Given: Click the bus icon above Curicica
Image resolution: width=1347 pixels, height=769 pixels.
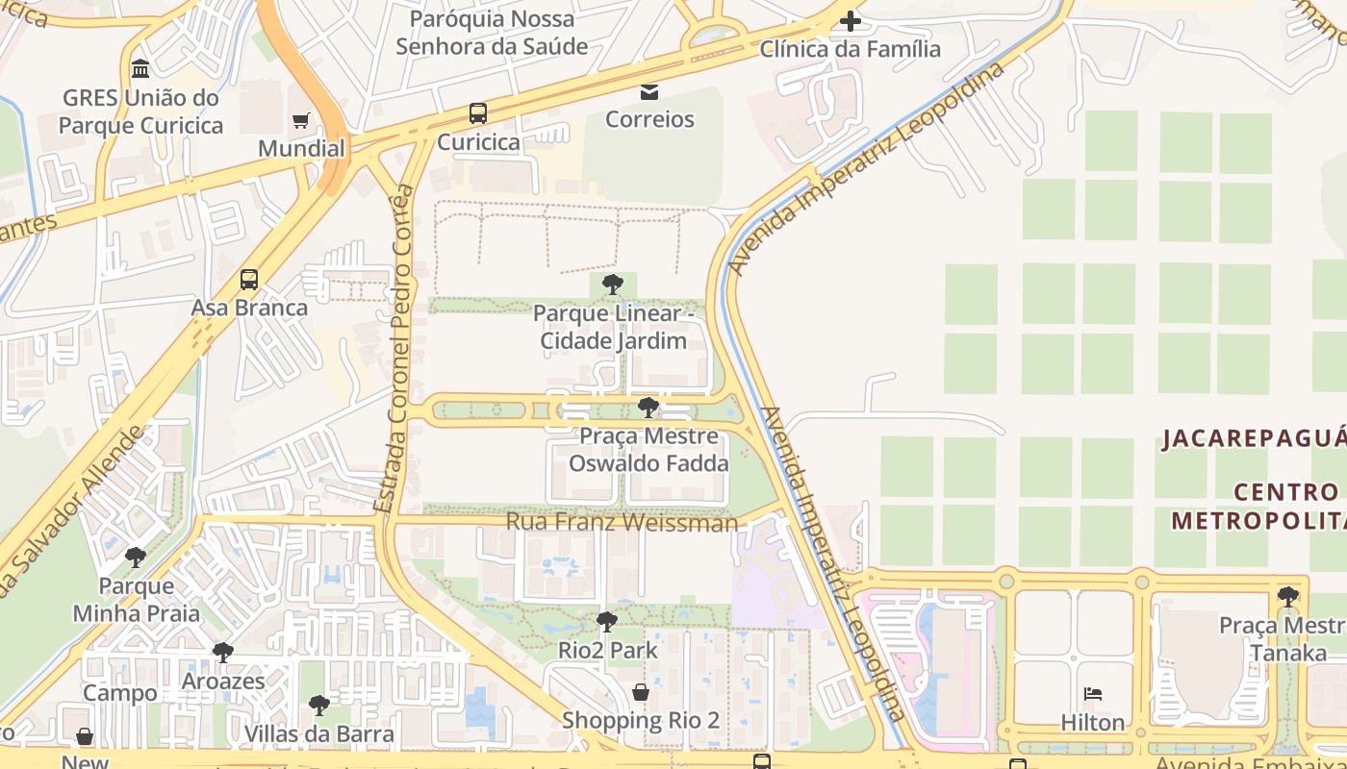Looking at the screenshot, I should (x=478, y=113).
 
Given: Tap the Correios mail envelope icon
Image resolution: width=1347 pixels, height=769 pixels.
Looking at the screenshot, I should (x=649, y=92).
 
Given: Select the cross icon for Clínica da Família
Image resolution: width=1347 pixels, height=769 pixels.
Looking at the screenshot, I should (x=850, y=20).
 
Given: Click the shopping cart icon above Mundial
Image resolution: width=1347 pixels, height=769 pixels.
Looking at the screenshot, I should (x=301, y=120).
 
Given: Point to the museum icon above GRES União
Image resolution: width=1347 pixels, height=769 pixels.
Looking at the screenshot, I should (x=141, y=69).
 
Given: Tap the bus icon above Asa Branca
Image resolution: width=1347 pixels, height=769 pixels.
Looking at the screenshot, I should (x=249, y=280).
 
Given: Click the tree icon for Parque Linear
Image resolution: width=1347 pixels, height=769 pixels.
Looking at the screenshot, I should (x=612, y=285).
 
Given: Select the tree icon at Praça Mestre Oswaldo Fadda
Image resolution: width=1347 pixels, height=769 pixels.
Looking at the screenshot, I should (x=648, y=408).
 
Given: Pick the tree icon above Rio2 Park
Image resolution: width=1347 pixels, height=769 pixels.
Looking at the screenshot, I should (x=607, y=622).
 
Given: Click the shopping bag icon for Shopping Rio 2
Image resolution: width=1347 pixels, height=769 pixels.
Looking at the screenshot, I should (x=641, y=692).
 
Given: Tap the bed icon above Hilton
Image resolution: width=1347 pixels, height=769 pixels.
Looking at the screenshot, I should (x=1093, y=694).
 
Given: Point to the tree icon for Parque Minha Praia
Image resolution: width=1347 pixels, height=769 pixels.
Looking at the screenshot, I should (x=136, y=558).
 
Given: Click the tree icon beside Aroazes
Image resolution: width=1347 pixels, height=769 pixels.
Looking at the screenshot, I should (x=223, y=654).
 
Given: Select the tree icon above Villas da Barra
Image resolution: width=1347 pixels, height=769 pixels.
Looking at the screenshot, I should (x=318, y=707).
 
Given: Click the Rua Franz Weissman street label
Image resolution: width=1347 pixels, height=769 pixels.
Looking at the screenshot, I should (x=622, y=522).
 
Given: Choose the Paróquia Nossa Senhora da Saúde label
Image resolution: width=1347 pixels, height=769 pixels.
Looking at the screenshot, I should (x=492, y=32).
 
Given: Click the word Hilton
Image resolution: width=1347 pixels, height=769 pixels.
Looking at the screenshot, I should (x=1093, y=722).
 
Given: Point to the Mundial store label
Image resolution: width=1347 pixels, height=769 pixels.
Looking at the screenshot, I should (x=301, y=148).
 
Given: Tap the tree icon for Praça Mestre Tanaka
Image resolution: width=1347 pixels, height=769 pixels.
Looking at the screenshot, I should (x=1287, y=597).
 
